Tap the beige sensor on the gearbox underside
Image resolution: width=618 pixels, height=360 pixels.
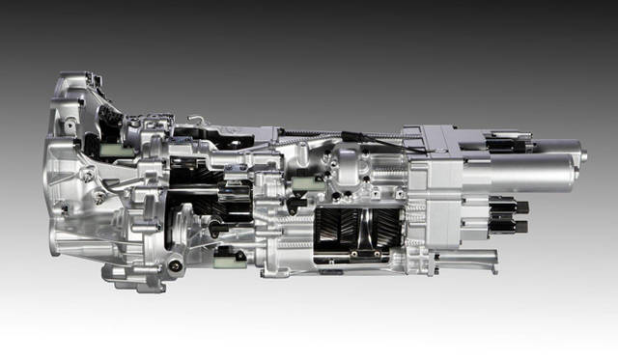click(x=230, y=257)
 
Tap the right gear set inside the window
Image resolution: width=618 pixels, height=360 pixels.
click(x=373, y=230)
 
